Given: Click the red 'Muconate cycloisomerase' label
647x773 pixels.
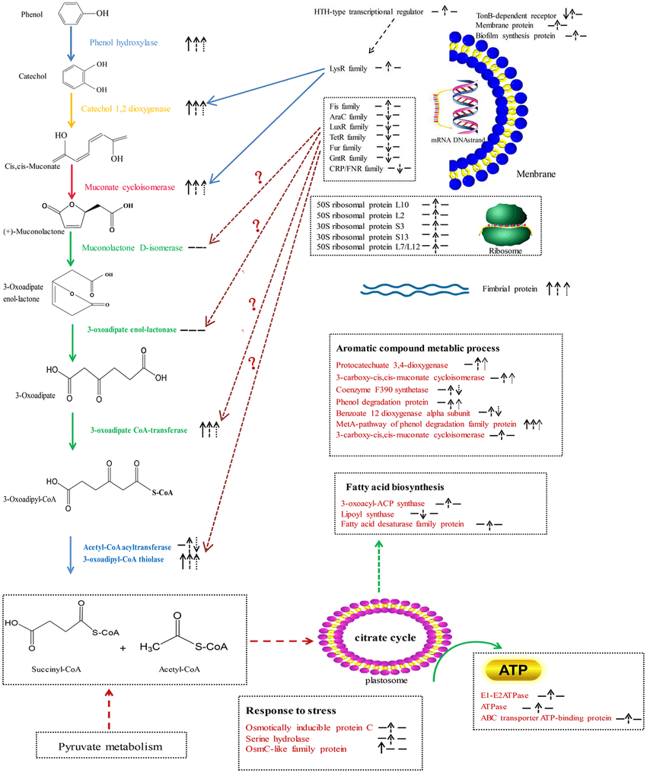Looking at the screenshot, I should [x=133, y=186].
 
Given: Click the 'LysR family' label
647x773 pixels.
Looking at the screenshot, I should [x=348, y=68].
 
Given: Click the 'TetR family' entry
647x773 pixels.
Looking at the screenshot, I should [x=348, y=138].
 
